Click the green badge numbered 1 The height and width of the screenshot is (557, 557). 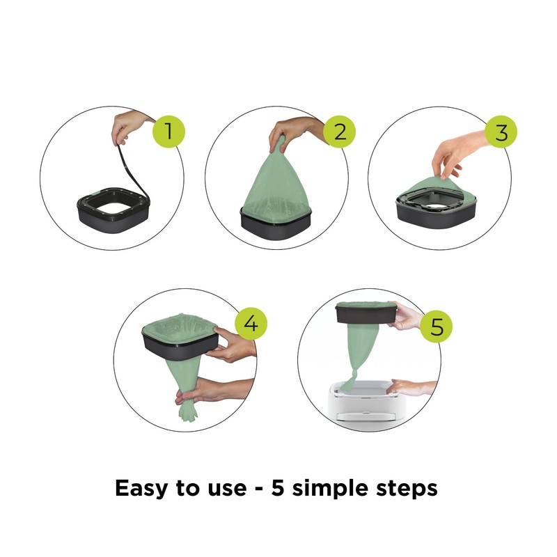pos(166,131)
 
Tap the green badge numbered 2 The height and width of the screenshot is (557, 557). pos(339,131)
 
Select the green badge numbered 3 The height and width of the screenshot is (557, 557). pos(501,131)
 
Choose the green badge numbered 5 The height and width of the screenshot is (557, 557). pos(436,327)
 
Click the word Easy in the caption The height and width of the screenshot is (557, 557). pos(146,488)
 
